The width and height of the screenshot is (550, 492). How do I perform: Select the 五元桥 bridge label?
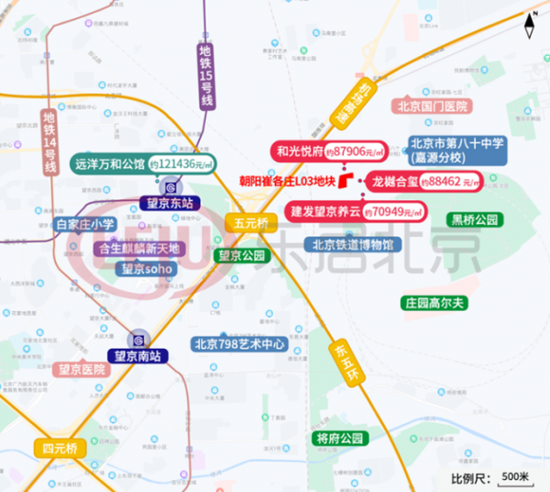(x=249, y=223)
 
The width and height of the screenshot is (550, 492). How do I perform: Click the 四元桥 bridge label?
(x=60, y=449)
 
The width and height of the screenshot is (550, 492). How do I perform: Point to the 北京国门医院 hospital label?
(x=433, y=106)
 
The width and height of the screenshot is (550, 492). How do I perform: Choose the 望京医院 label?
(x=82, y=370)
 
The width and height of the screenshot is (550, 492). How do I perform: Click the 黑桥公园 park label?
(x=474, y=220)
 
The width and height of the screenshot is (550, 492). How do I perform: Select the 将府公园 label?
(x=340, y=439)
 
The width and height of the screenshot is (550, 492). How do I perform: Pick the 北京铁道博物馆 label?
(x=352, y=245)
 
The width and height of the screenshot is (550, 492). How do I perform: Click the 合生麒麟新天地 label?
(x=139, y=249)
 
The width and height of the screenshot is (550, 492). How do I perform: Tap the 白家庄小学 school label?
(x=85, y=225)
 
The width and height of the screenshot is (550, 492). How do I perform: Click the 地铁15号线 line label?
(x=206, y=77)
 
